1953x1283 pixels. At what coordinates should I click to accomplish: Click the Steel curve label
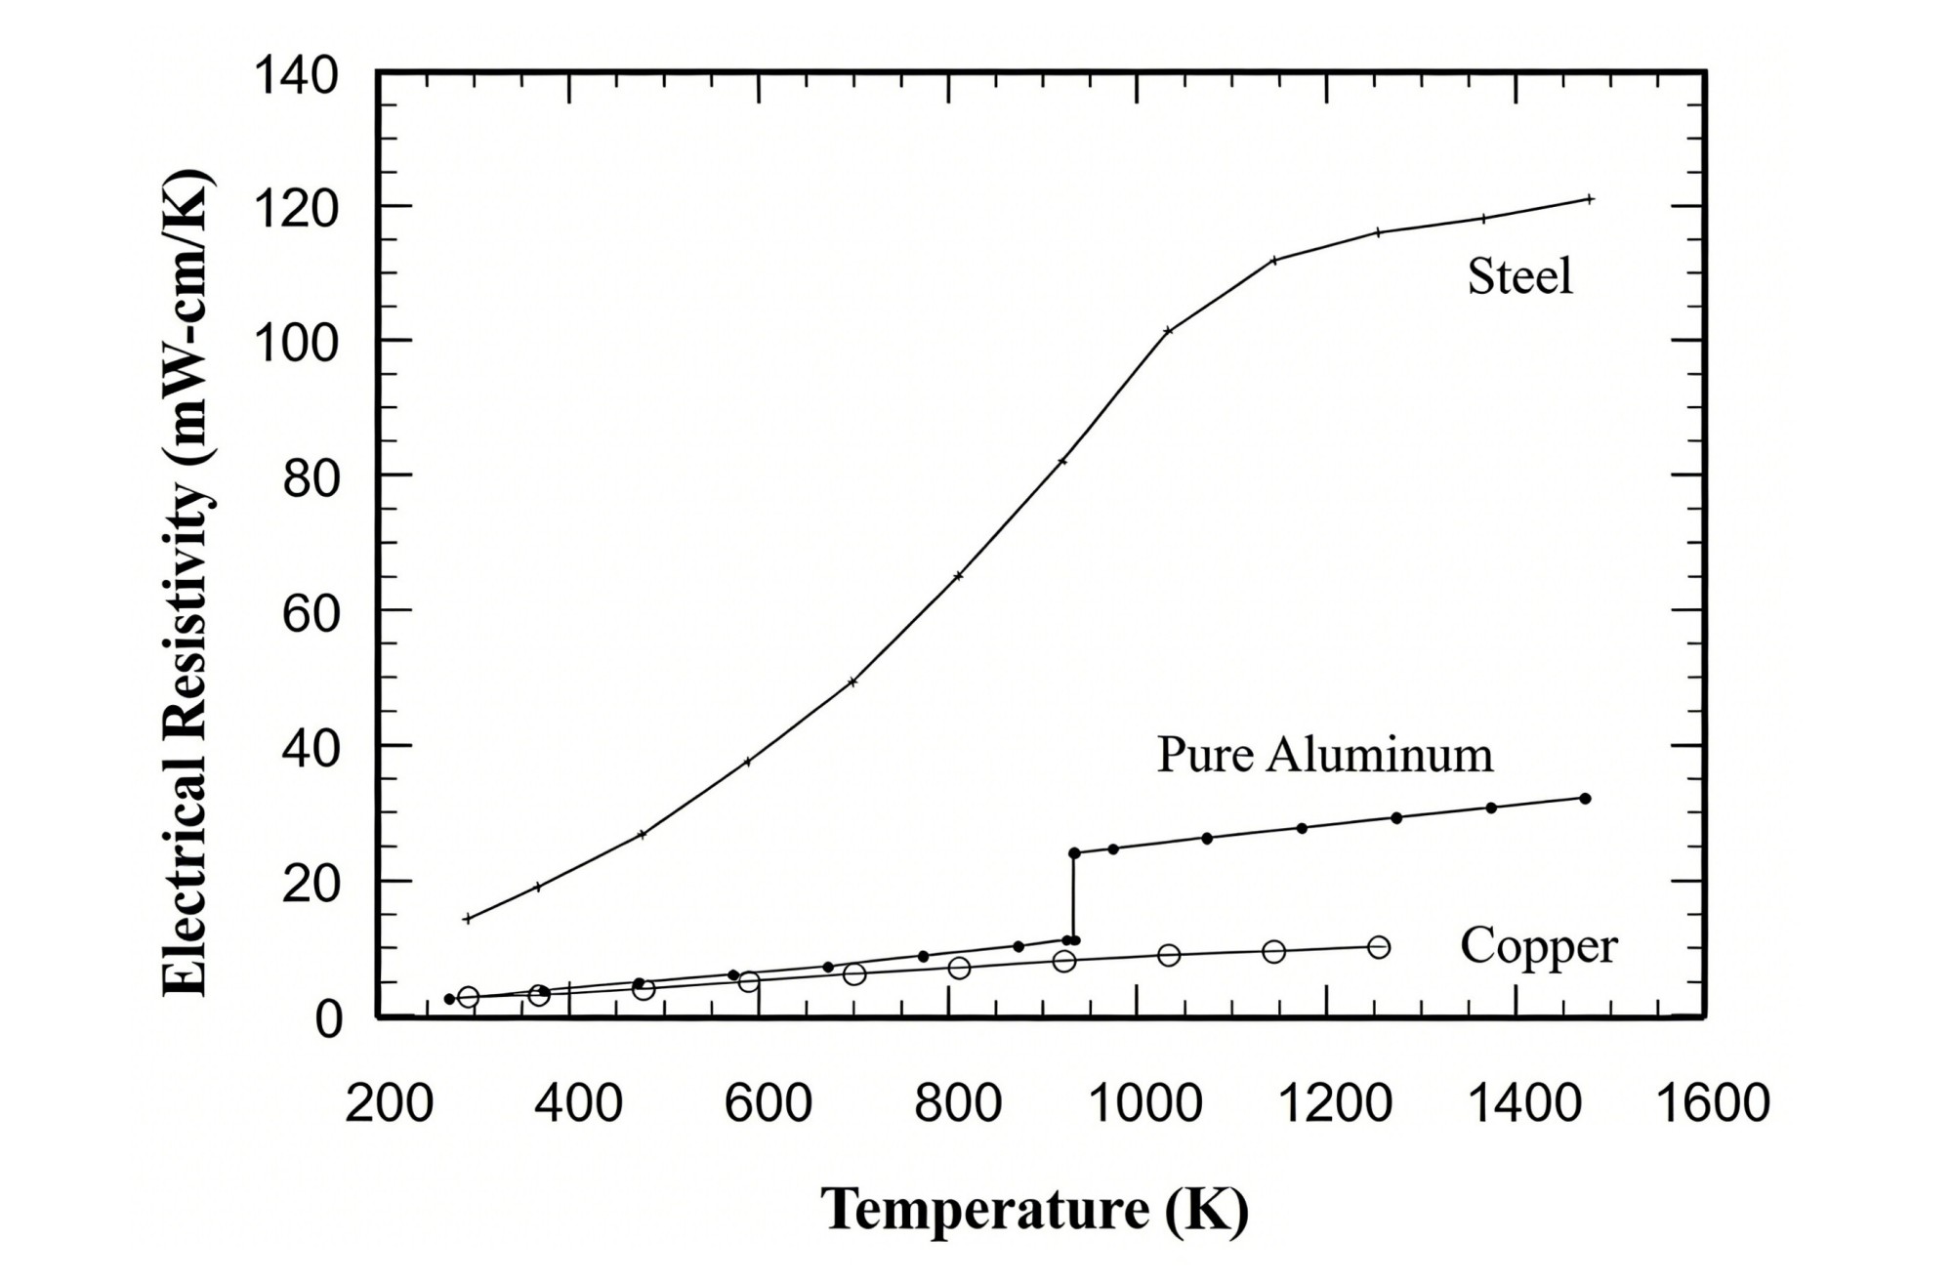(x=1519, y=277)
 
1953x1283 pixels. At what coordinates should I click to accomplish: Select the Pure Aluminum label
(x=1324, y=756)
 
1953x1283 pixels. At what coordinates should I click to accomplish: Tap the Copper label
(x=1538, y=946)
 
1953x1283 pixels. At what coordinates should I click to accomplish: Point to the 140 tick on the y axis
(x=296, y=76)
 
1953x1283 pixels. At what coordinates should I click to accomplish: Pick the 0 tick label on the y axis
(x=328, y=1019)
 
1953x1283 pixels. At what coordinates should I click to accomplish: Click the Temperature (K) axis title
(x=1034, y=1210)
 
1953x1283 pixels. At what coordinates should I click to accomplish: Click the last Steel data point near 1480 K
(x=1590, y=199)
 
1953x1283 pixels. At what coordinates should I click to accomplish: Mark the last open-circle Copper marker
(x=1378, y=947)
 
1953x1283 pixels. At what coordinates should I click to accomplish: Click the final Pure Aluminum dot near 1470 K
(x=1585, y=799)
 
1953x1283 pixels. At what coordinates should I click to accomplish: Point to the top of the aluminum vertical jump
(x=1074, y=852)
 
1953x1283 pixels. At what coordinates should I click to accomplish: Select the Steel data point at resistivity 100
(x=1168, y=330)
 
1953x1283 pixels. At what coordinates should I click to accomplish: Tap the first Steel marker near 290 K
(x=468, y=918)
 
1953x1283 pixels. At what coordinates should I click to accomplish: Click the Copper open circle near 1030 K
(x=1168, y=955)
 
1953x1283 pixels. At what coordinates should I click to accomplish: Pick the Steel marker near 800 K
(x=958, y=576)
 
